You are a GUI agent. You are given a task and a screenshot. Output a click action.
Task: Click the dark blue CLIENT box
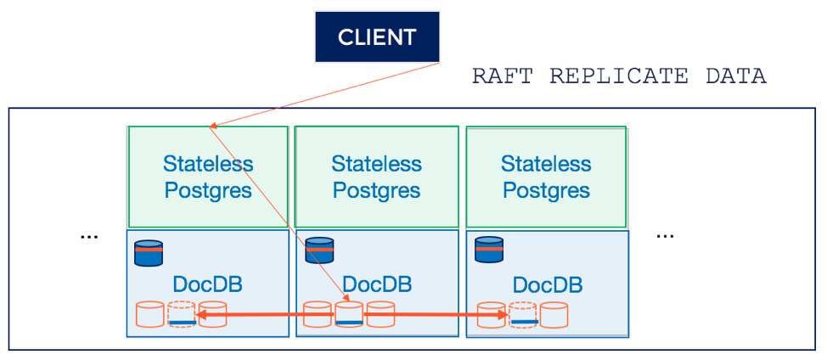pos(378,37)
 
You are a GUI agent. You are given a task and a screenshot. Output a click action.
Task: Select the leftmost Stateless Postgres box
pos(208,177)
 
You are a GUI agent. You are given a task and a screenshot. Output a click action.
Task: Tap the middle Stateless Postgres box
pos(376,177)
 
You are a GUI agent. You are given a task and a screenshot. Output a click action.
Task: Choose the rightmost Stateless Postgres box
pos(547,177)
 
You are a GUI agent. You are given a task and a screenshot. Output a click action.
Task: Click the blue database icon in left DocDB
pos(149,253)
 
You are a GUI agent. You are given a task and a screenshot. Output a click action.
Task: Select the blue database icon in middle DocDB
pos(318,250)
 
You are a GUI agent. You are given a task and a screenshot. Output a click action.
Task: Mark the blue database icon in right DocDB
pos(488,250)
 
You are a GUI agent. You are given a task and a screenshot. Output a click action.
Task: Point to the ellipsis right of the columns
pos(665,234)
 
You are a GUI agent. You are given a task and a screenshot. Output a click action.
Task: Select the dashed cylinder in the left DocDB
pos(182,314)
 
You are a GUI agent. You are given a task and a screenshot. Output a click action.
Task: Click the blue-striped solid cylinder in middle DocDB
pos(349,314)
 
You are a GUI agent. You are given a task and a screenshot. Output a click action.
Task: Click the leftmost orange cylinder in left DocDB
pos(150,314)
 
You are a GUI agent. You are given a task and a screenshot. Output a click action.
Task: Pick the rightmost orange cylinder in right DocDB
pos(554,314)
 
